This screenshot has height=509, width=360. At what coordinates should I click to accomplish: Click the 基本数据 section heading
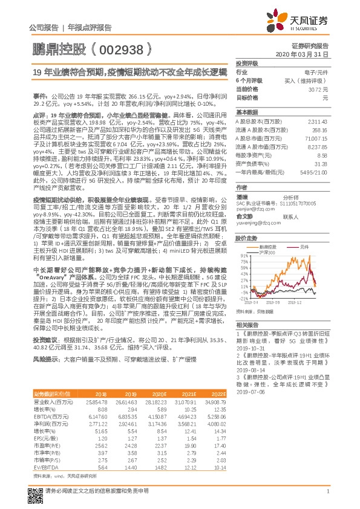pyautogui.click(x=247, y=112)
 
